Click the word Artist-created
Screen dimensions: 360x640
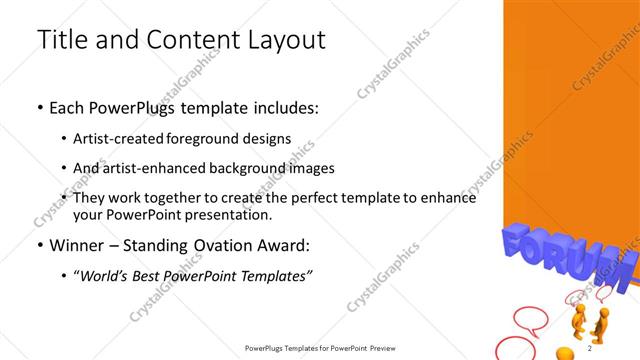coord(118,139)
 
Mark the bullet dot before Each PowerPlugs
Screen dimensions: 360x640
coord(40,108)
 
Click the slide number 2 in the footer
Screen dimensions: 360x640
coord(590,348)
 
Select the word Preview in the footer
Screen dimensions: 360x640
coord(384,348)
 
